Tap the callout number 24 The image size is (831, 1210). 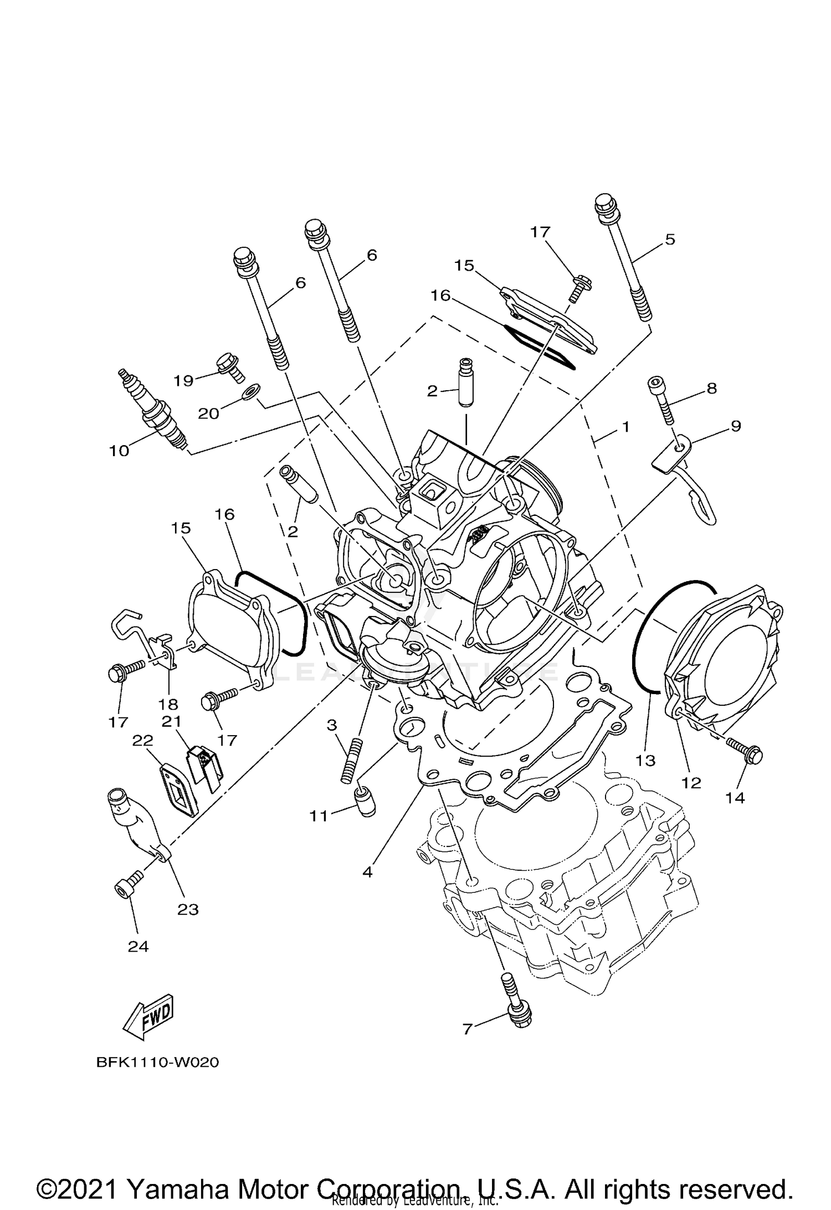138,947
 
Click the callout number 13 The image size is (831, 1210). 645,761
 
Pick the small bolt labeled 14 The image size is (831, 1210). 745,751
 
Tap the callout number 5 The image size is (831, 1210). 670,240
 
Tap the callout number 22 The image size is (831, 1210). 142,740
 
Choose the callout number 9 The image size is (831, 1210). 735,426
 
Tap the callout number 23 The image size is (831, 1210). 188,909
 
